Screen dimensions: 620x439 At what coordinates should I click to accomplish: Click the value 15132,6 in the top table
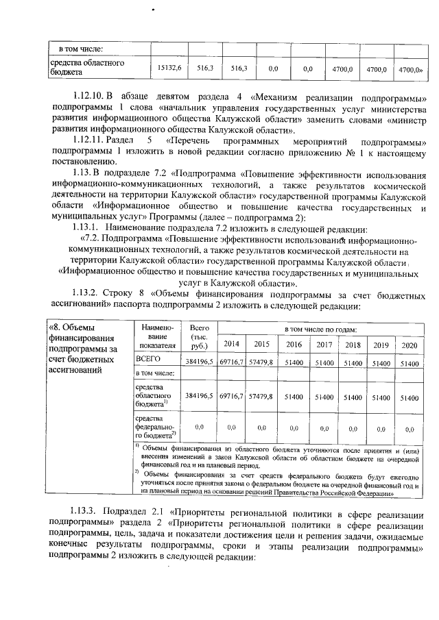point(169,69)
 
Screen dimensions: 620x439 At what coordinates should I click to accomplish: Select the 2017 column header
point(324,345)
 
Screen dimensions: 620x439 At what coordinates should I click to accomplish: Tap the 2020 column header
point(409,345)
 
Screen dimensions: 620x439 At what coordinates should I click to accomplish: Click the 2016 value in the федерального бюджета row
point(294,428)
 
